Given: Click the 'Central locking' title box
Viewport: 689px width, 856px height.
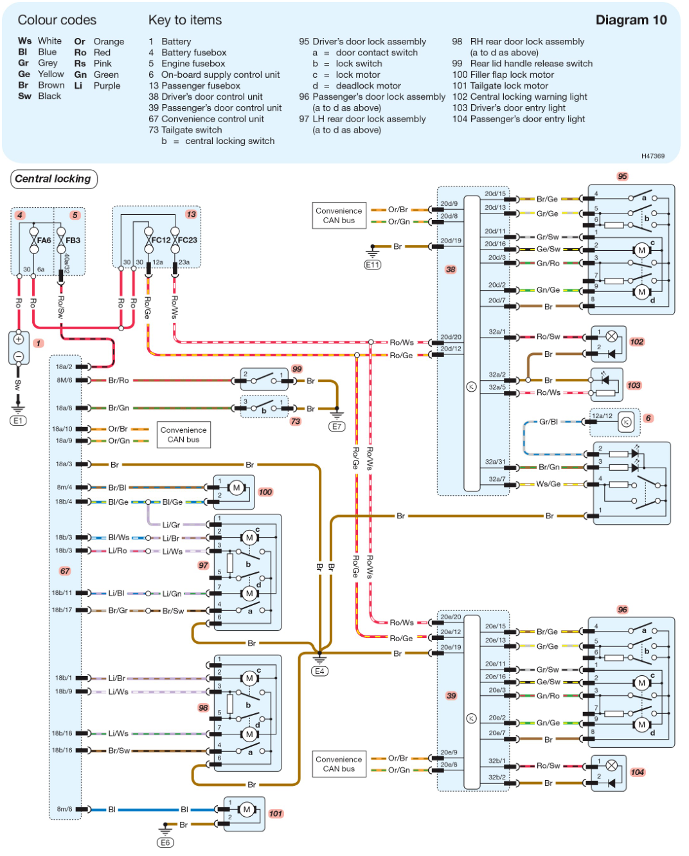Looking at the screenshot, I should click(53, 179).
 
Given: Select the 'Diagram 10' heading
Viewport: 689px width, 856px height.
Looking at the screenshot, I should click(631, 20).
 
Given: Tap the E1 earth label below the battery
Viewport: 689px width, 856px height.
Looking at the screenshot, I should click(18, 421).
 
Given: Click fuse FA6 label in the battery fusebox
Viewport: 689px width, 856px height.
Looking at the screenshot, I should click(44, 241).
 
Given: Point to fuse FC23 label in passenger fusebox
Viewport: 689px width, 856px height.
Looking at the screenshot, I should click(188, 241).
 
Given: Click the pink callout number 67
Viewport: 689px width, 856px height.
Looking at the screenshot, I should click(65, 571).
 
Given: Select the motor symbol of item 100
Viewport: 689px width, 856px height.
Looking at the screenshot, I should click(237, 488).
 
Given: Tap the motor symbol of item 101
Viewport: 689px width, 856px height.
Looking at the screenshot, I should click(246, 810).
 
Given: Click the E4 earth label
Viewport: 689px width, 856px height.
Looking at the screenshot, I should click(319, 671).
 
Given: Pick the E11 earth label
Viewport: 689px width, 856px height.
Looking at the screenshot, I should click(373, 264).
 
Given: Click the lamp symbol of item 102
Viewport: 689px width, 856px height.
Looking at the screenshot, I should click(612, 336).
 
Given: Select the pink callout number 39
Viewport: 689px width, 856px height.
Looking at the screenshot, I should click(451, 696).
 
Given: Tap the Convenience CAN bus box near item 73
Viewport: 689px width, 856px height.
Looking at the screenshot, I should click(184, 435).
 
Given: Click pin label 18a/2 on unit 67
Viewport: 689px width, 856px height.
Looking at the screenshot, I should click(64, 367).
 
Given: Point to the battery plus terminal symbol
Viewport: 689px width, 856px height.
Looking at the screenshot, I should click(19, 340).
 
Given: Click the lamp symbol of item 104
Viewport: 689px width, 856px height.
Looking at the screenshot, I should click(612, 765).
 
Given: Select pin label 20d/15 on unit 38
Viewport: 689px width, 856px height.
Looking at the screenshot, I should click(495, 194).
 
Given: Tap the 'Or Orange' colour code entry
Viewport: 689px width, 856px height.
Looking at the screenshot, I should click(99, 41).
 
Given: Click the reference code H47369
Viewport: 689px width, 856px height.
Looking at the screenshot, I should click(652, 156).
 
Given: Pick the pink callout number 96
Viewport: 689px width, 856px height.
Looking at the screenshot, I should click(622, 610).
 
